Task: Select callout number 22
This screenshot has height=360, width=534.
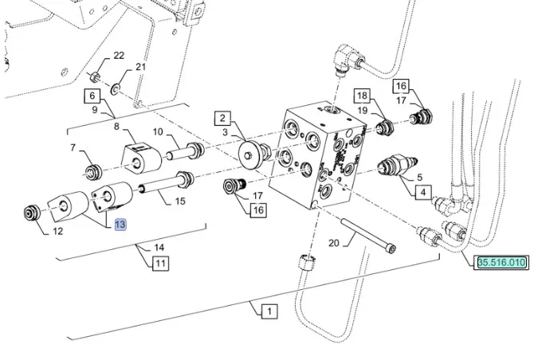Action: pyautogui.click(x=119, y=56)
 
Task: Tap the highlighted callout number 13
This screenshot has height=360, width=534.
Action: pyautogui.click(x=120, y=225)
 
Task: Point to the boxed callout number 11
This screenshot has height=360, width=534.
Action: pyautogui.click(x=160, y=262)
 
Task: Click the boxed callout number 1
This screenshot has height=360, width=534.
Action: pyautogui.click(x=269, y=311)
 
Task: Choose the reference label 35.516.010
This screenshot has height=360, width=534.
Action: pyautogui.click(x=502, y=262)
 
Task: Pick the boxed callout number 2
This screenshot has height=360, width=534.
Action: pyautogui.click(x=221, y=119)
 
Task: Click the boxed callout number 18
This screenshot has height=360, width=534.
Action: pyautogui.click(x=361, y=95)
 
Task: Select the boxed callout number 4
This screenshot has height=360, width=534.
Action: pyautogui.click(x=422, y=190)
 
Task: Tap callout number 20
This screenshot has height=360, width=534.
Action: pyautogui.click(x=333, y=244)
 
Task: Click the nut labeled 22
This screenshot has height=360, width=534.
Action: pyautogui.click(x=94, y=77)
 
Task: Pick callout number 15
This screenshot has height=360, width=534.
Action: pyautogui.click(x=179, y=202)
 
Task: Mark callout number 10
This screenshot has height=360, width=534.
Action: pyautogui.click(x=157, y=131)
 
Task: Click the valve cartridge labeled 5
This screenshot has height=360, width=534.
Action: pyautogui.click(x=393, y=168)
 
